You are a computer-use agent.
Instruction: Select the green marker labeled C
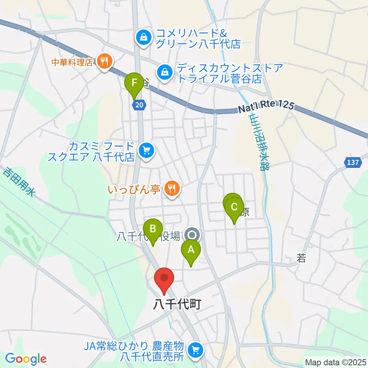pos(234,208)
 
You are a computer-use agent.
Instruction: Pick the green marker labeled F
pos(134,83)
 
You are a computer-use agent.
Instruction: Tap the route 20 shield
pos(140,105)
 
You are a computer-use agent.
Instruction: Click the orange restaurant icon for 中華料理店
pos(104,60)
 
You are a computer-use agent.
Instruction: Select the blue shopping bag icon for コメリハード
pos(143,38)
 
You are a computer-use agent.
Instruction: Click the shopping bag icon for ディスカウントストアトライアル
pos(164,71)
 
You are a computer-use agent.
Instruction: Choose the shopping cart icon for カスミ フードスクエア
pos(146,150)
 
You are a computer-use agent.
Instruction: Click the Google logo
pos(26,359)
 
